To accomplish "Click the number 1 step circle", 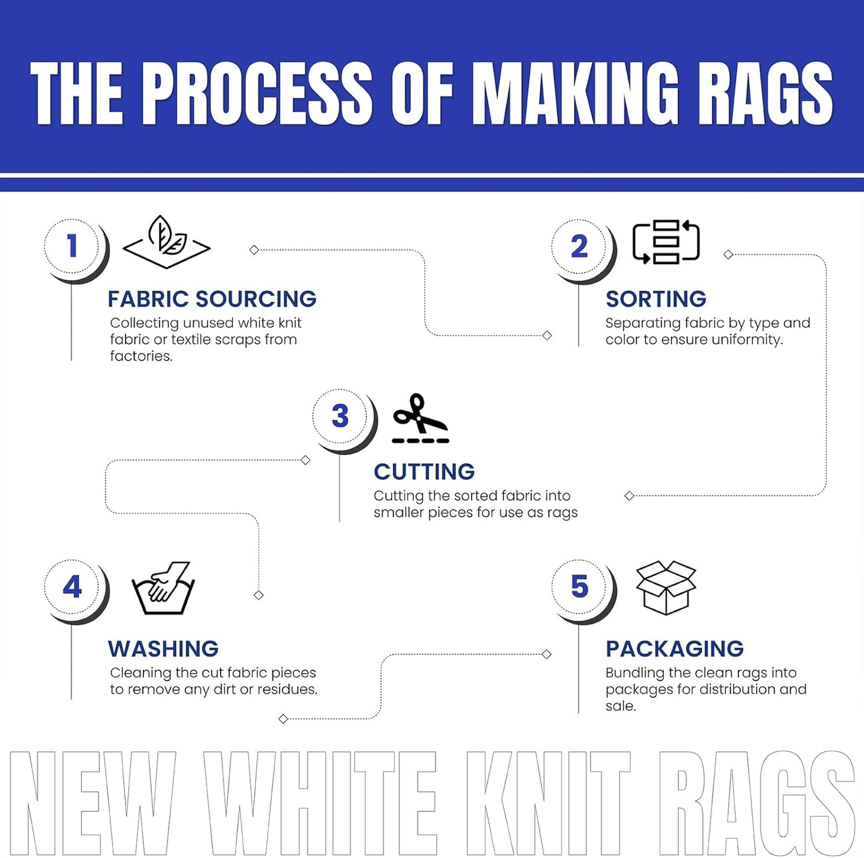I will (72, 247).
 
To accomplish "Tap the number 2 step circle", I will (579, 247).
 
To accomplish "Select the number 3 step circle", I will (340, 416).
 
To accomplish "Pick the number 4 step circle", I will (72, 587).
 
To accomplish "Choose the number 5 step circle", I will (579, 587).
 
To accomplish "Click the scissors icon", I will (420, 418).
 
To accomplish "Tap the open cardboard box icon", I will (665, 588).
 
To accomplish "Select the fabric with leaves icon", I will (166, 242).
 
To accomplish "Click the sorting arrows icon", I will (666, 242).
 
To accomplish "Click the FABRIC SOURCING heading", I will (212, 299).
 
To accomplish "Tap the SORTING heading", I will (656, 299).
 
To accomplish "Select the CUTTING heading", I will (424, 471).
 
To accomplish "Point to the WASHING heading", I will (163, 649).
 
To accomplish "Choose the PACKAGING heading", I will (674, 649).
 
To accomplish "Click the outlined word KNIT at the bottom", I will (548, 803).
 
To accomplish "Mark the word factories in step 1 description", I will (141, 356).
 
